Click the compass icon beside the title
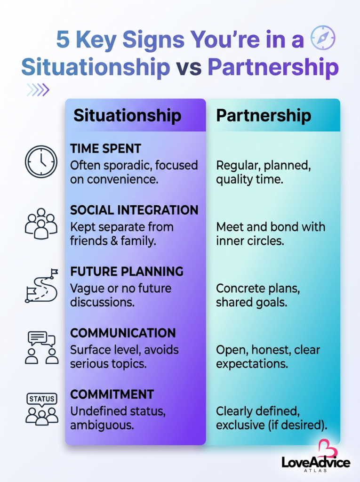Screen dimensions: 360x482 click(322, 38)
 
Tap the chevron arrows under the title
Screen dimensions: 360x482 click(38, 90)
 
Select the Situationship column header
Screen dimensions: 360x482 click(127, 116)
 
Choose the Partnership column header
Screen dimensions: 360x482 click(264, 115)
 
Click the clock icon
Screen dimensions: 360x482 click(41, 162)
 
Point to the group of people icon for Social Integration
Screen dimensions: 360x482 click(41, 224)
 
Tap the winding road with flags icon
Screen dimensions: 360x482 click(41, 286)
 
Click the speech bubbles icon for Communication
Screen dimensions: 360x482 click(41, 348)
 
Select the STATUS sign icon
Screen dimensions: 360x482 click(42, 409)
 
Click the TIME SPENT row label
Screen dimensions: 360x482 click(105, 149)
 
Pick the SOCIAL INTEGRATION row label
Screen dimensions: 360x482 click(134, 210)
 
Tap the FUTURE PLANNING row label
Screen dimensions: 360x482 click(127, 272)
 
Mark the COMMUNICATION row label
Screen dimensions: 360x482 click(123, 333)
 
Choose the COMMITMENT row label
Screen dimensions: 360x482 click(112, 395)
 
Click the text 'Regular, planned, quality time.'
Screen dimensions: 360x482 click(264, 172)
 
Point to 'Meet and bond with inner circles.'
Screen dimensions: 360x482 click(271, 234)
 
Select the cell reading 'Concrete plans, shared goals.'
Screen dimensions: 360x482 click(258, 296)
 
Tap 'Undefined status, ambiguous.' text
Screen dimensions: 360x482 click(118, 418)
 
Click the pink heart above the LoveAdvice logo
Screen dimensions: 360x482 click(327, 449)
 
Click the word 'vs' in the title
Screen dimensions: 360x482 click(189, 67)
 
